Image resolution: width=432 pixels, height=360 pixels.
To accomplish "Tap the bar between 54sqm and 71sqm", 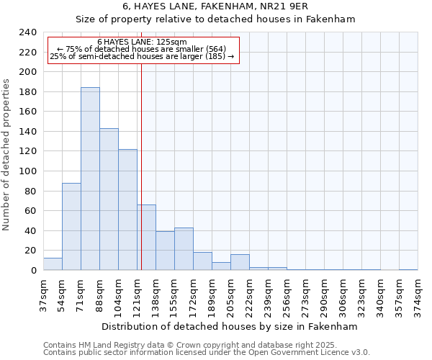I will point(71,227).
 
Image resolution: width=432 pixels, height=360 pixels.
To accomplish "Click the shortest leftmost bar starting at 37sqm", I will point(53,264).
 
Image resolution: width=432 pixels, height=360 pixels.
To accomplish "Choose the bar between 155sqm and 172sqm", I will point(184,249).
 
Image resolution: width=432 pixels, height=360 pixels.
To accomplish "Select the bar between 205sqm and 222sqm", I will point(240,263).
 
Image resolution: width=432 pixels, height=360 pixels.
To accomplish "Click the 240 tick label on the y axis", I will point(28,32).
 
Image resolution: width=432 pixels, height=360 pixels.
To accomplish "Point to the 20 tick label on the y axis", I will point(31,251).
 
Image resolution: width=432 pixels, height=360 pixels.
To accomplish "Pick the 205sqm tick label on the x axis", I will point(230,295).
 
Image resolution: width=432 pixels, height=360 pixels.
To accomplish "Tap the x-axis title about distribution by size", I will point(230,326).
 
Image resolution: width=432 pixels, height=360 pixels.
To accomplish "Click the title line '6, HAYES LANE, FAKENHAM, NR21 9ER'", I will point(215,6).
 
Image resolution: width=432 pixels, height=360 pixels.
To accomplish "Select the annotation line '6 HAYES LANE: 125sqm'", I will point(142,42).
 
